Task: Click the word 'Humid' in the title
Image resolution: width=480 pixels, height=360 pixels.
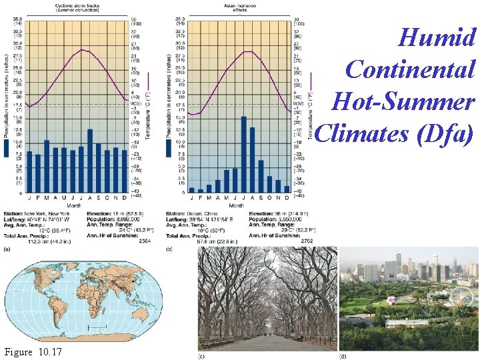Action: pyautogui.click(x=437, y=37)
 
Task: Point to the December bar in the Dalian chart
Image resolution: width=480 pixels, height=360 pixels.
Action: pyautogui.click(x=287, y=189)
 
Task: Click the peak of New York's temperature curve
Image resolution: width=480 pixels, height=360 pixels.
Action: pyautogui.click(x=81, y=49)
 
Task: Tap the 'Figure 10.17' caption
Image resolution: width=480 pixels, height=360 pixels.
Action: pyautogui.click(x=33, y=351)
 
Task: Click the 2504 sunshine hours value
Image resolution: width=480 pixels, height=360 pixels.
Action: pyautogui.click(x=144, y=241)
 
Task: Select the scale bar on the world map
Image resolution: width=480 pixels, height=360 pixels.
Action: pyautogui.click(x=97, y=328)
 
